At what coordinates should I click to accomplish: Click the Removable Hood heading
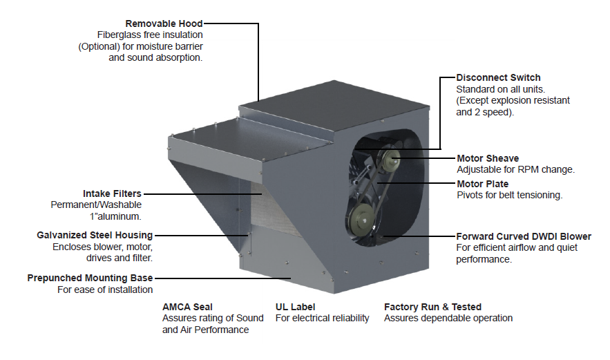(164, 23)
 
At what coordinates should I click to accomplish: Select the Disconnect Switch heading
(498, 77)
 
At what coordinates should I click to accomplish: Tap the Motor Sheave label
(488, 158)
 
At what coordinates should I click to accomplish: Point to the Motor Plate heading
(483, 184)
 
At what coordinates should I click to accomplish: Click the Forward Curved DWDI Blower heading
(524, 236)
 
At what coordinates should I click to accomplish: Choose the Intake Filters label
(112, 194)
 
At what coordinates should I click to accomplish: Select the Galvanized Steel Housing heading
(95, 235)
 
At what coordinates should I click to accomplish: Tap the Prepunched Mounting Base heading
(90, 278)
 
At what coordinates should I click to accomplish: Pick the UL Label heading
(296, 307)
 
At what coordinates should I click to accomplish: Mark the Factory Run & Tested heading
(432, 307)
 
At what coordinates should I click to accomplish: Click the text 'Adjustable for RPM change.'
(515, 169)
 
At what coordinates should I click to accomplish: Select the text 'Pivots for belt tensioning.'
(509, 196)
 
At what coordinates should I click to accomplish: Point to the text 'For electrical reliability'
(322, 319)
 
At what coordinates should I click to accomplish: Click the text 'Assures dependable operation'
(448, 319)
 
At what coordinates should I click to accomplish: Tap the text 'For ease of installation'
(105, 290)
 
